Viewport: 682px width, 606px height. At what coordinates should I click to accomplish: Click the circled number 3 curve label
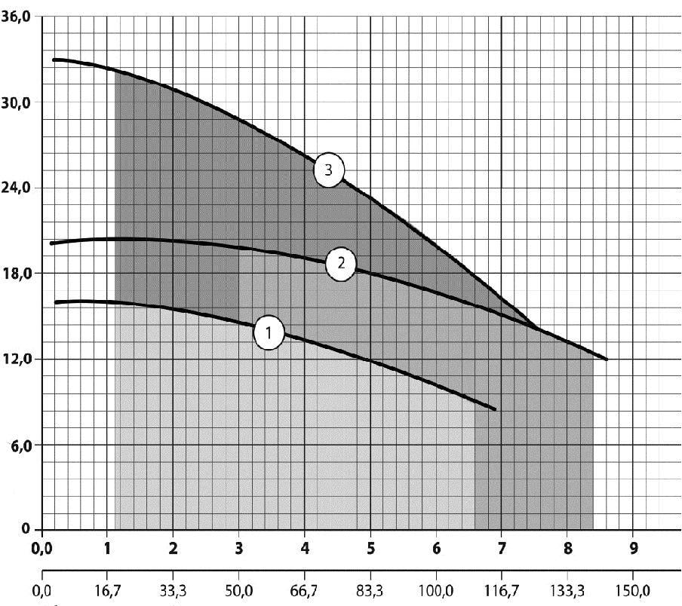click(x=328, y=170)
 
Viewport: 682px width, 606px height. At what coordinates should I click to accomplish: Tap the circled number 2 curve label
click(x=341, y=264)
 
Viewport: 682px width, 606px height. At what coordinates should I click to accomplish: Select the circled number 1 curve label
click(x=269, y=332)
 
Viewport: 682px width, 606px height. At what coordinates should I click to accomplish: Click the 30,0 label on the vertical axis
click(x=15, y=103)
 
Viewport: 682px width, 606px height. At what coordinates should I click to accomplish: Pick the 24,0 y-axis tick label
click(x=15, y=188)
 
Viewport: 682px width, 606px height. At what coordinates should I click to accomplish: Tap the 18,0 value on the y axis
click(x=15, y=273)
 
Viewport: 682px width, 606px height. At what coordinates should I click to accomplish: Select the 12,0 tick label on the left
click(x=15, y=359)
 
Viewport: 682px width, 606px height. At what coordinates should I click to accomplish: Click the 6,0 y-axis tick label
click(x=18, y=445)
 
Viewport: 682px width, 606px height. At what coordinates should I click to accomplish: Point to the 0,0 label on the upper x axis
click(x=41, y=549)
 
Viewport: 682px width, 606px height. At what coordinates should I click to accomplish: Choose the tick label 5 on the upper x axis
click(x=370, y=549)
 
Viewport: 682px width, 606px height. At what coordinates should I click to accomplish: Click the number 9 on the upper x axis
click(x=633, y=549)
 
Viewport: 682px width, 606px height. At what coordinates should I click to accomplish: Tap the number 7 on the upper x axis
click(x=502, y=549)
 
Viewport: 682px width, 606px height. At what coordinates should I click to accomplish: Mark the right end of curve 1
click(x=496, y=409)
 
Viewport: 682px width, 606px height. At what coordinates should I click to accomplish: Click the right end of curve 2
click(x=607, y=360)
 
